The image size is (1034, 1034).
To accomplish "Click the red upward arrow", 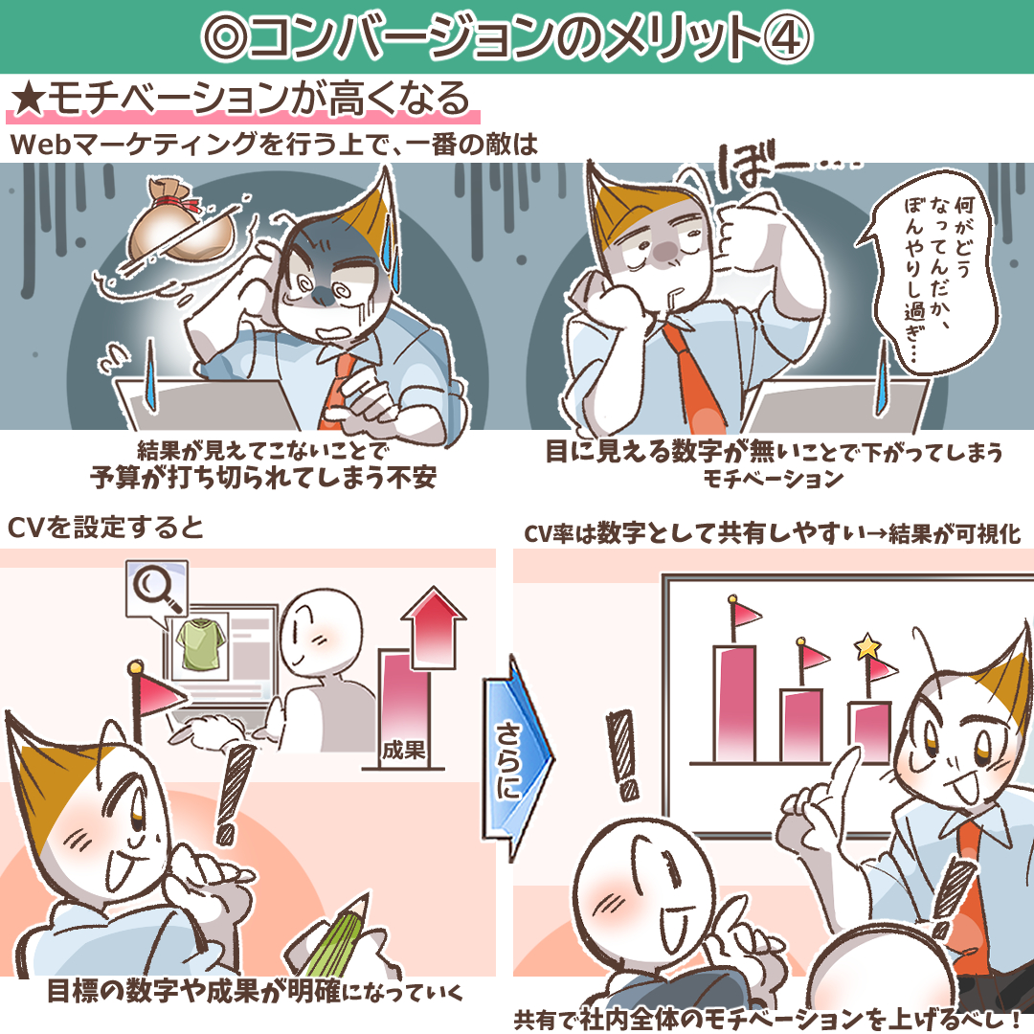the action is coord(434,626).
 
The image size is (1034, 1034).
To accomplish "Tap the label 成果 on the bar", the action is coord(404,750).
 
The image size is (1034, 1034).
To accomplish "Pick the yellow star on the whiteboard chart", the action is coord(867,647).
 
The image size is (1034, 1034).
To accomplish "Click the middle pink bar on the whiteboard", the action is coord(801,726).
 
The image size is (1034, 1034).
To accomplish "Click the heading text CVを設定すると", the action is coord(105,528).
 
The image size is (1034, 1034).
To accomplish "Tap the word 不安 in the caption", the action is coord(412,478).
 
